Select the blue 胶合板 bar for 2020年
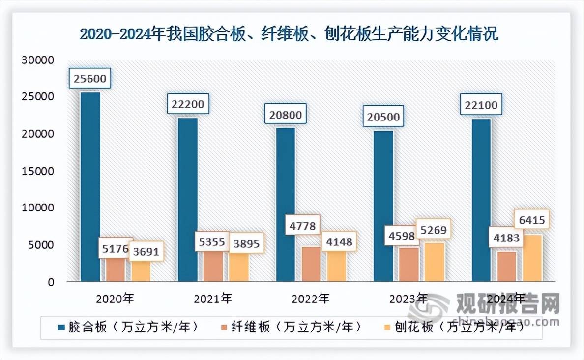90,187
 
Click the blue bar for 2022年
286,204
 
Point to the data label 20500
382,117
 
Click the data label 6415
531,220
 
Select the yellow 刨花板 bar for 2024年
532,258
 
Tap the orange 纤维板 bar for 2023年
409,264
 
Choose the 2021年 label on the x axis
212,298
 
